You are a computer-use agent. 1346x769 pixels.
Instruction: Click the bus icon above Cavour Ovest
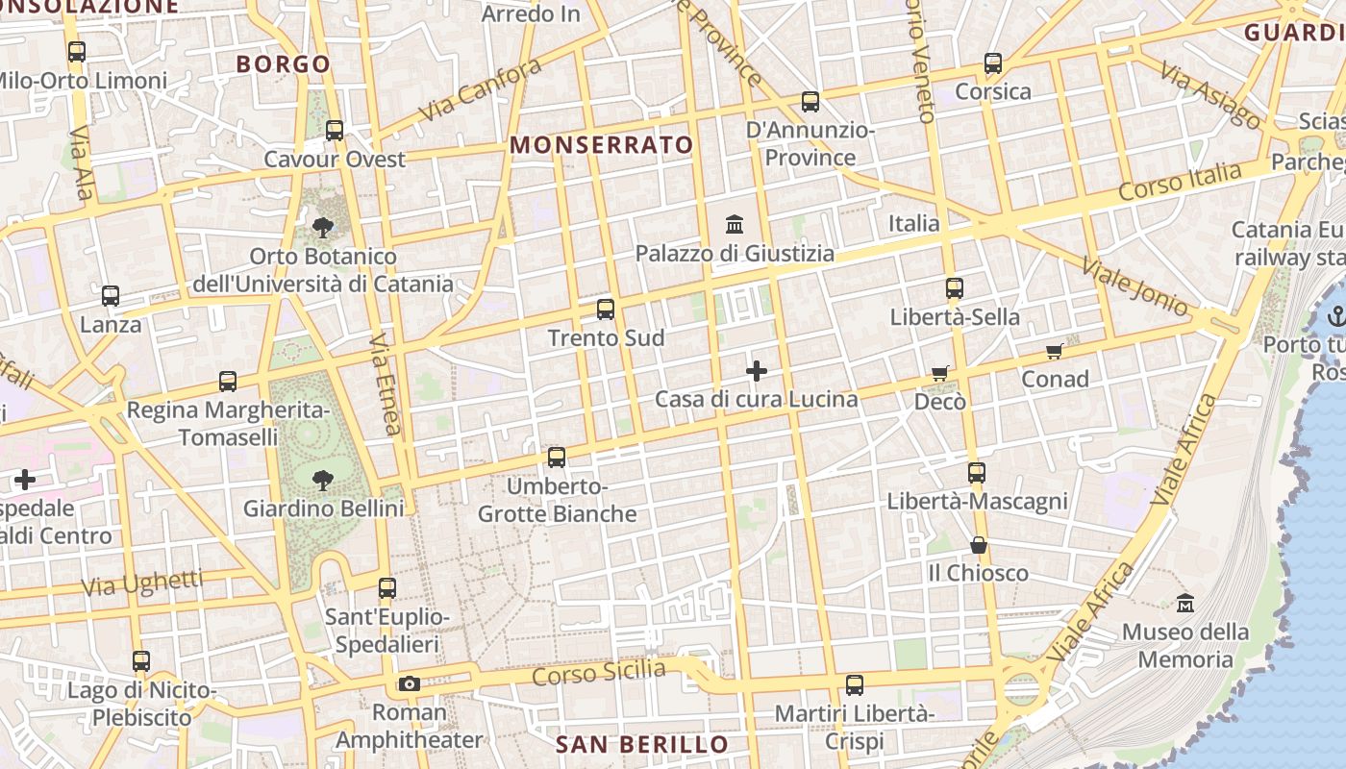pos(335,130)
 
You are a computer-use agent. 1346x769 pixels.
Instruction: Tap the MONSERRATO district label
pos(601,145)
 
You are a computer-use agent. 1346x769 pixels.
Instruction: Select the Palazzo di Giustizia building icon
pos(735,225)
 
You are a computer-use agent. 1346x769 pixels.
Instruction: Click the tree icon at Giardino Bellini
pos(323,479)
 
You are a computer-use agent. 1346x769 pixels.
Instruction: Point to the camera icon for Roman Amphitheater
pos(410,684)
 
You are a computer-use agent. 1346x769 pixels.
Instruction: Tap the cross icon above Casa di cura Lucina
pos(757,370)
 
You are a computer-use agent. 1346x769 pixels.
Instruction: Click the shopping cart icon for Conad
pos(1055,351)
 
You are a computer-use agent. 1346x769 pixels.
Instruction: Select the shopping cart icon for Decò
pos(939,373)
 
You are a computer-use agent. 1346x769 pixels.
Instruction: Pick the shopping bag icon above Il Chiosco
pos(979,545)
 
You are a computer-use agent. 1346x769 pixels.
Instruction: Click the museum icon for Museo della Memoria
pos(1185,603)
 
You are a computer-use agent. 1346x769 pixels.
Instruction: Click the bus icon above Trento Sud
pos(606,310)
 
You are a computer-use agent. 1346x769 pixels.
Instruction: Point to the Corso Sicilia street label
pos(598,672)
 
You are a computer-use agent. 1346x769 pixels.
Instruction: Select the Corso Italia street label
pos(1180,181)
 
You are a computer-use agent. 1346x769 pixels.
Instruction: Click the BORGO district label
pos(284,64)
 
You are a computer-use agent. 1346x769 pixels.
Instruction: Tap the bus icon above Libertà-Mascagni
pos(977,472)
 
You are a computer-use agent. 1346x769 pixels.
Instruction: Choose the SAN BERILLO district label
pos(642,744)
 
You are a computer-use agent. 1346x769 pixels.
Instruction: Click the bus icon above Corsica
pos(993,64)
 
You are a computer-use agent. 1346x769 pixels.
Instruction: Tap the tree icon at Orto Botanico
pos(323,228)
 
